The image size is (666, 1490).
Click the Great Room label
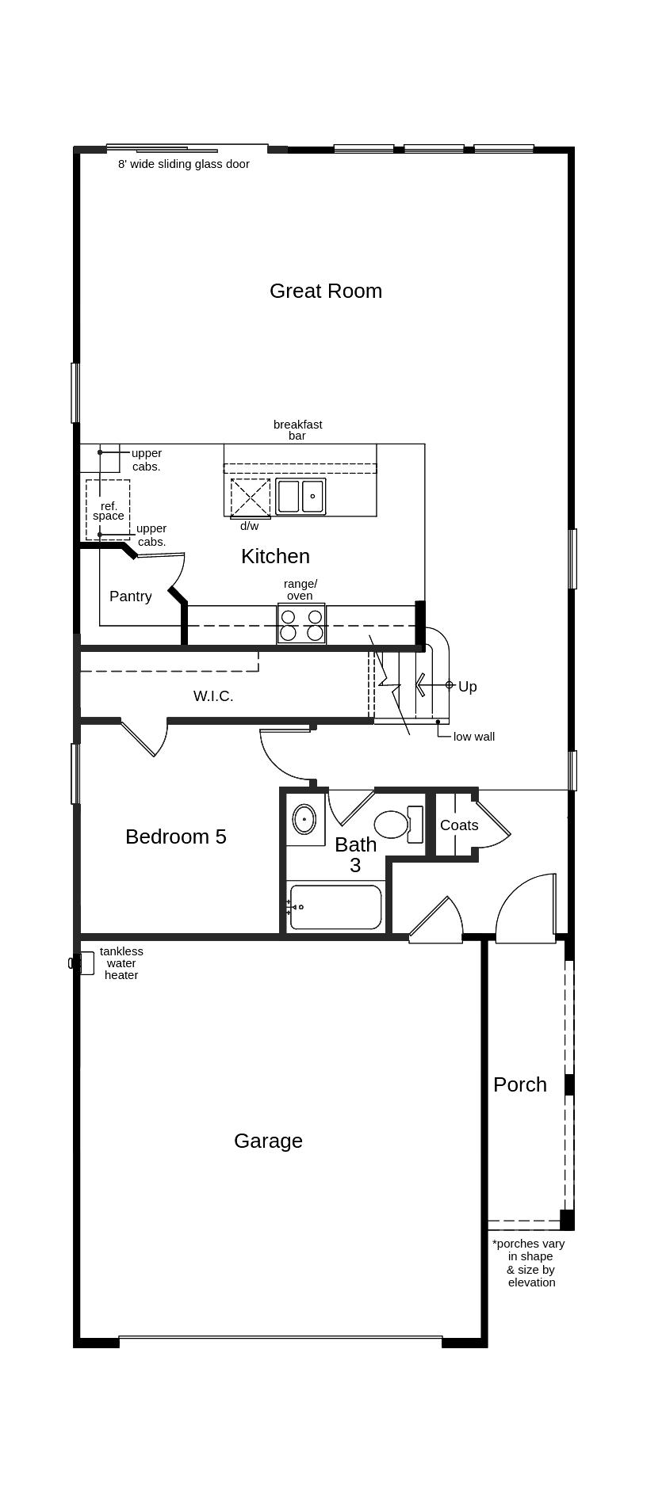tap(325, 291)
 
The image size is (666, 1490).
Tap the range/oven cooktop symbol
tap(301, 624)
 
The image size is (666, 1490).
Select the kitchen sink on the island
tap(300, 497)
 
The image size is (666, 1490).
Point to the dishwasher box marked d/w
tap(251, 497)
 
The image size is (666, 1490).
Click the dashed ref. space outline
tap(108, 509)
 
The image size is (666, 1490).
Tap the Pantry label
tap(130, 596)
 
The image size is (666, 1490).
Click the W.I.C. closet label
tap(213, 696)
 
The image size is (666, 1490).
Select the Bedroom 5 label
tap(176, 836)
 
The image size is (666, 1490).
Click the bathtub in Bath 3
tap(335, 907)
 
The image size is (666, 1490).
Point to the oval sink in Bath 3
tap(304, 819)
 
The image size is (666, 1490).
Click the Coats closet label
tap(459, 825)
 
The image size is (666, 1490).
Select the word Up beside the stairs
tap(468, 687)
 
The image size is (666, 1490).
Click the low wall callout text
tap(474, 737)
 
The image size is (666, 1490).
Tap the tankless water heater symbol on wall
tap(77, 963)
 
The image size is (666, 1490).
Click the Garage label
tap(268, 1141)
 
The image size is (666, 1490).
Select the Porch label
tap(520, 1084)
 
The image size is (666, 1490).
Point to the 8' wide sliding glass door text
tap(184, 164)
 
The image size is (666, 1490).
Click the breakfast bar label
tap(297, 430)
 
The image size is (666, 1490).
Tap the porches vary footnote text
tap(529, 1263)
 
